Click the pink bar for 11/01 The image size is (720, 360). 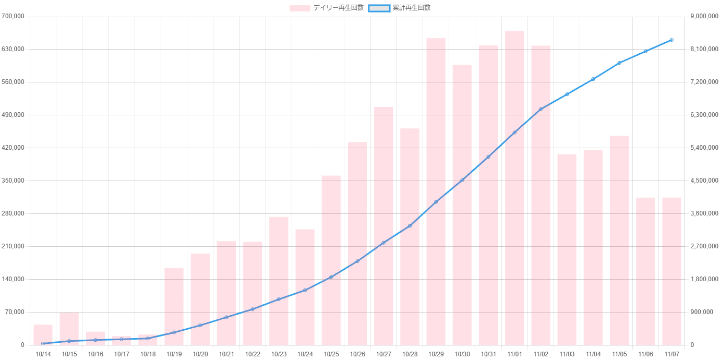coord(514,188)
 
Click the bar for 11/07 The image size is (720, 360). coord(671,271)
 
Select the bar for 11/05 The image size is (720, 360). coord(619,240)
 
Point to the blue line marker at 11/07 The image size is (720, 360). coord(671,40)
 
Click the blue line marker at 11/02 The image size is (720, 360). coord(541,109)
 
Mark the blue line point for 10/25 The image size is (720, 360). coord(331,277)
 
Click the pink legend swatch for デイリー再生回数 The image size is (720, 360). coord(300,8)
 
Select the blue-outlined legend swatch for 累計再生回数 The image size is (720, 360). coord(379,8)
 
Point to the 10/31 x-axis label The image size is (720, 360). coord(488,354)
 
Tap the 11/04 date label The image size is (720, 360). coord(593,354)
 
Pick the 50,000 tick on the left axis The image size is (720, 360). coord(15,312)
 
